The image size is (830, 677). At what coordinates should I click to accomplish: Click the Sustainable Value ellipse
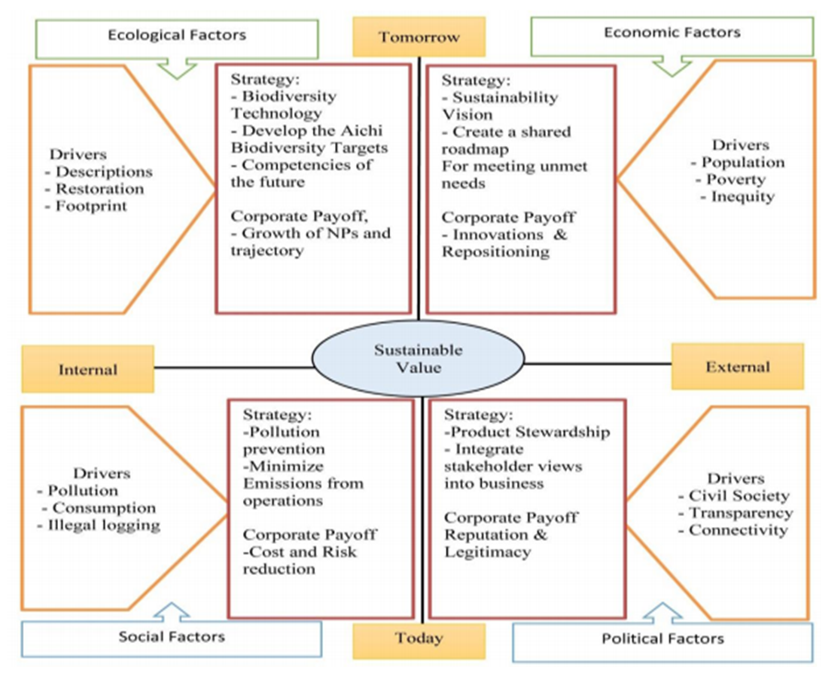pos(418,359)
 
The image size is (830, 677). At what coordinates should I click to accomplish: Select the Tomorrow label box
pos(418,37)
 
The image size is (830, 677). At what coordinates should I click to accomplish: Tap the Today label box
pos(419,638)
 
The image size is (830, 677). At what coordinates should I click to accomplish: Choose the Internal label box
pos(87,369)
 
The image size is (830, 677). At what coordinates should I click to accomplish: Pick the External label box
pos(737,366)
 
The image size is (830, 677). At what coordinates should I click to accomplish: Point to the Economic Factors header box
pos(672,33)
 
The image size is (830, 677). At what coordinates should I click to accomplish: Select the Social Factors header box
pos(171,637)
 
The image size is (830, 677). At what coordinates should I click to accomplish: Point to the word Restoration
pos(99,189)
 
